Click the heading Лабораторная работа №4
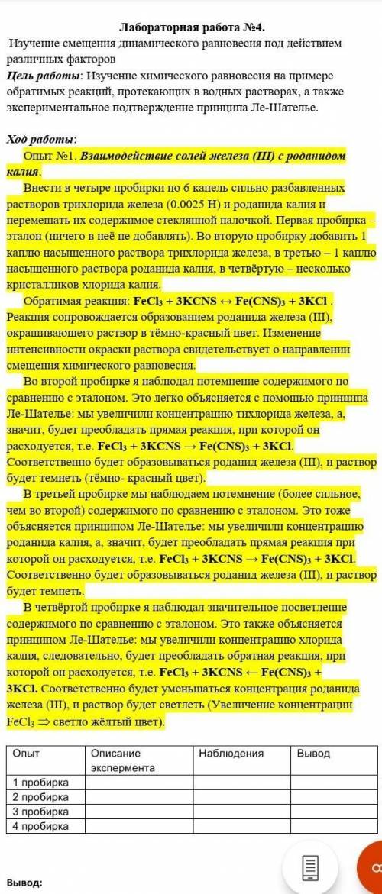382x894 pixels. tap(191, 28)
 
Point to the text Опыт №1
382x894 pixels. tap(50, 155)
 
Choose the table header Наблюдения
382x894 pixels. tap(231, 753)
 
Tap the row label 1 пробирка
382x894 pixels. tap(40, 783)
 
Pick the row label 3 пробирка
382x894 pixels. tap(40, 811)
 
